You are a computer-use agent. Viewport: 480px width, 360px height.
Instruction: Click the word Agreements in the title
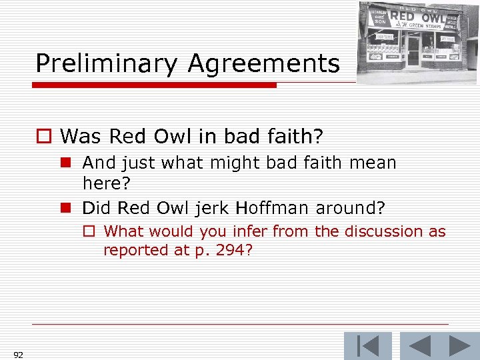click(x=264, y=64)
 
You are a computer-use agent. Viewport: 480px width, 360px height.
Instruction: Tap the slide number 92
click(x=17, y=354)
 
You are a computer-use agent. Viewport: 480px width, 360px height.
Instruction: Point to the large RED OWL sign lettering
click(x=417, y=16)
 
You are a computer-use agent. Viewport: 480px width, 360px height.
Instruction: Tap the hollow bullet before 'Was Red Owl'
click(x=43, y=137)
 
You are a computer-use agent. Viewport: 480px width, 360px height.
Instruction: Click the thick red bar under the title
click(x=154, y=85)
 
